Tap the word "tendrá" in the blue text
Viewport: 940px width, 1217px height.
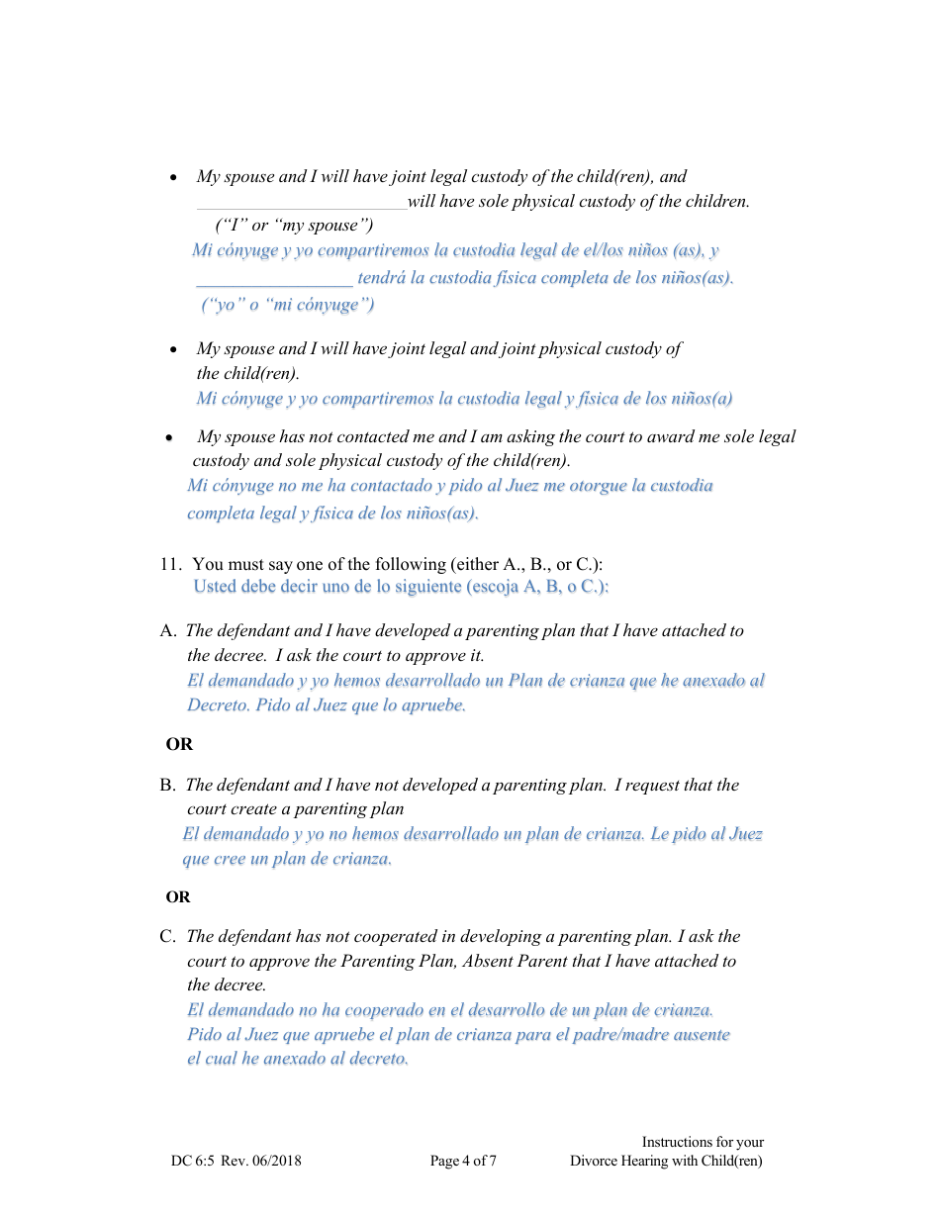click(382, 278)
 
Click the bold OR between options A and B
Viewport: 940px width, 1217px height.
click(179, 745)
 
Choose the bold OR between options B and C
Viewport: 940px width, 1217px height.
click(178, 897)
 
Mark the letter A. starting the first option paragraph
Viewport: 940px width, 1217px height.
click(168, 631)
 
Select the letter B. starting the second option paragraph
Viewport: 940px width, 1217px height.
click(168, 786)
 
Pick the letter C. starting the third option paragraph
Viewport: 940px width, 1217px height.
click(168, 937)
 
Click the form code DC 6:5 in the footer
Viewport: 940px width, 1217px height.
click(193, 1162)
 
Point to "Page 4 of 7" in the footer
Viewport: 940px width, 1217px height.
click(463, 1162)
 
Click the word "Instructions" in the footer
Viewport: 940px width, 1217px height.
click(677, 1143)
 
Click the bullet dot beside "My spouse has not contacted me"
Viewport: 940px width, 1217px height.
click(170, 438)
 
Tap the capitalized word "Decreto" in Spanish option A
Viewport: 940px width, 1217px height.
click(219, 705)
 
